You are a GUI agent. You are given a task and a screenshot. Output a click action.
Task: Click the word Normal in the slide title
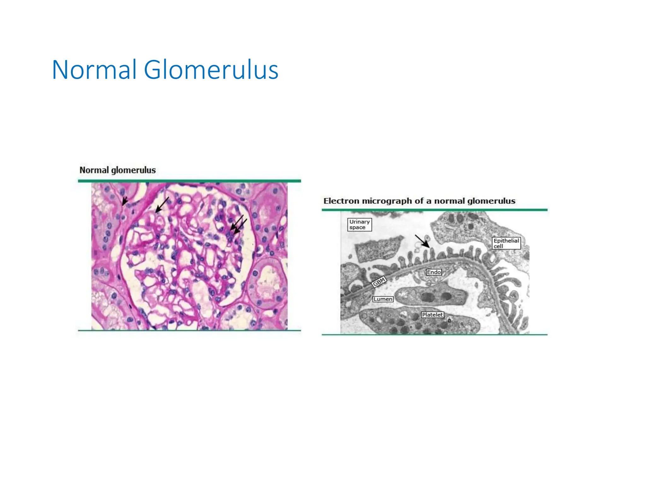[94, 70]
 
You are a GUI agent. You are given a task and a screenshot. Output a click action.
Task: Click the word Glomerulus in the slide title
[211, 70]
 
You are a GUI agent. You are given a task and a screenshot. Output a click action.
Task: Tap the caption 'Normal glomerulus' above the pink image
[117, 170]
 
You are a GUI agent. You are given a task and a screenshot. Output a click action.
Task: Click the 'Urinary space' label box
[359, 225]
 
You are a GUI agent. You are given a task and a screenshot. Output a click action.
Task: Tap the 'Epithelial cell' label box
[506, 243]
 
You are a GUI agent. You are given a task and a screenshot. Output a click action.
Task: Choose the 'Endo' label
[434, 272]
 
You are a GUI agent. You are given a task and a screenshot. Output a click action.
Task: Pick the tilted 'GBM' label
[379, 281]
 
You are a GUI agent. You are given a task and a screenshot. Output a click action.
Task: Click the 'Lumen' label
[383, 299]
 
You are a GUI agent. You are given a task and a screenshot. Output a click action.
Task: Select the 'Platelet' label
[432, 314]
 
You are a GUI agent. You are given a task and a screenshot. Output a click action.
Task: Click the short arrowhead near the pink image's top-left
[125, 201]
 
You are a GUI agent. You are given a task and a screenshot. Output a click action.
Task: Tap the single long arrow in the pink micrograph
[162, 205]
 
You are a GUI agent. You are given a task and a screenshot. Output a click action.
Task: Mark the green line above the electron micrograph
[434, 210]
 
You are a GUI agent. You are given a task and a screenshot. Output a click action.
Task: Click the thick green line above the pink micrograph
[189, 181]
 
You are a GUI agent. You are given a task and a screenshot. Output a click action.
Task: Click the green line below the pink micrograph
[189, 330]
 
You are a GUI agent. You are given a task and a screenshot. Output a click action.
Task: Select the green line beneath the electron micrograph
[434, 334]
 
